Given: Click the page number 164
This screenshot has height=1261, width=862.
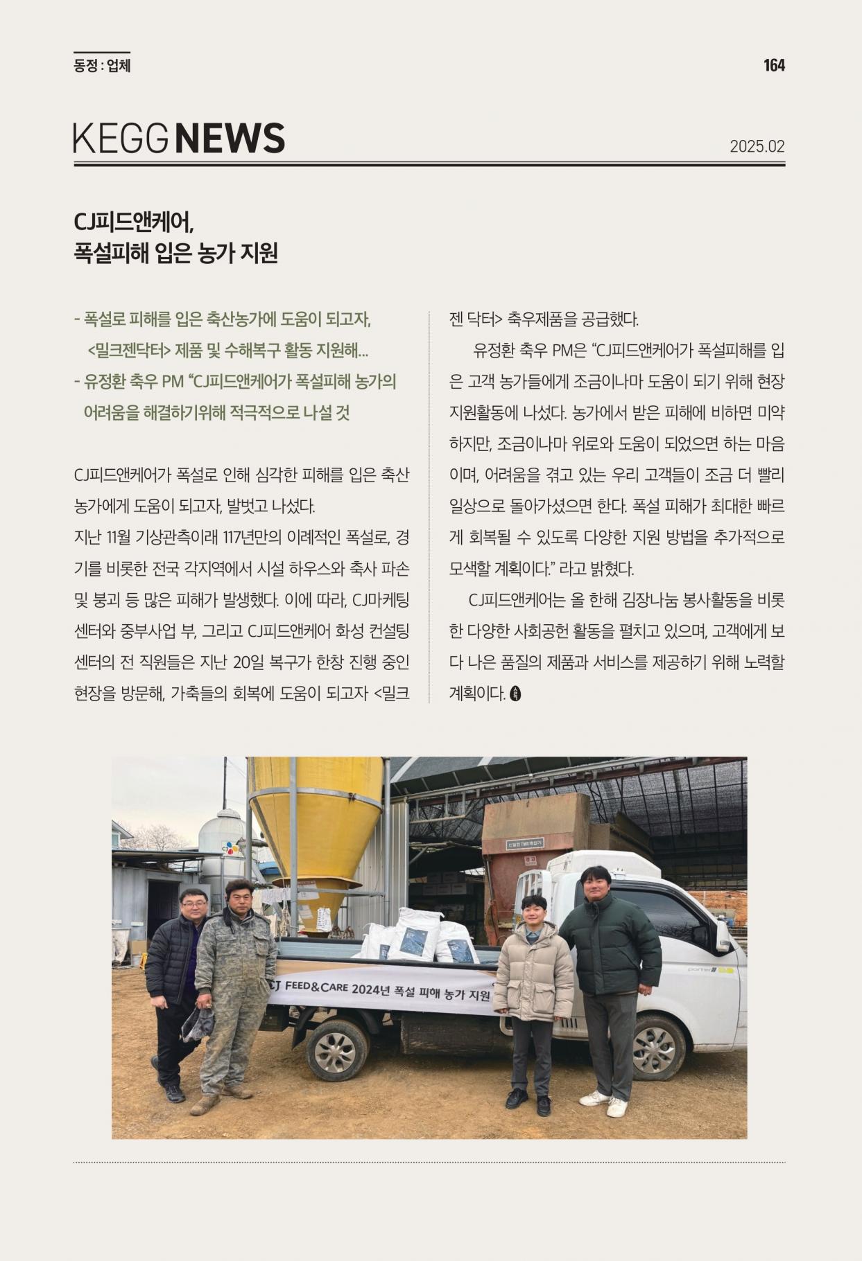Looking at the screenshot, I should [774, 66].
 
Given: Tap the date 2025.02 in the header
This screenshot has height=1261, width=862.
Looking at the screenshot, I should [757, 147].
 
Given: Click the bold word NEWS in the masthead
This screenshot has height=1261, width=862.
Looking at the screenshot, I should [230, 138].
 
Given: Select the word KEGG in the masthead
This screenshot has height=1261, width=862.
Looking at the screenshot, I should [121, 138].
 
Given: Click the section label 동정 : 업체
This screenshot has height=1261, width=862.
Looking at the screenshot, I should [102, 66].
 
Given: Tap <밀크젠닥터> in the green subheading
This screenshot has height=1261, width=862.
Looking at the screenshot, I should [129, 351].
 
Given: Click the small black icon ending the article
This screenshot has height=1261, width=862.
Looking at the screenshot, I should [515, 693].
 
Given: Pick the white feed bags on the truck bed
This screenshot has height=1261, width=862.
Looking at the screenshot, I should [416, 935].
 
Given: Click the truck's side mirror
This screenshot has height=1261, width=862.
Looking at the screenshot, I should [722, 935].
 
